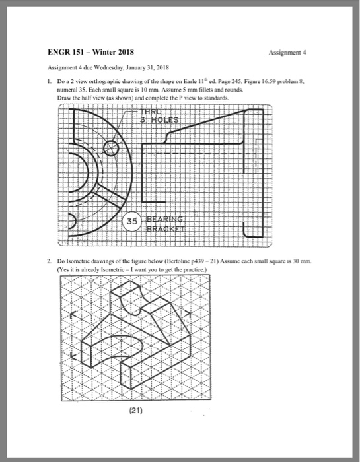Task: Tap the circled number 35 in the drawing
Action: [131, 222]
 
